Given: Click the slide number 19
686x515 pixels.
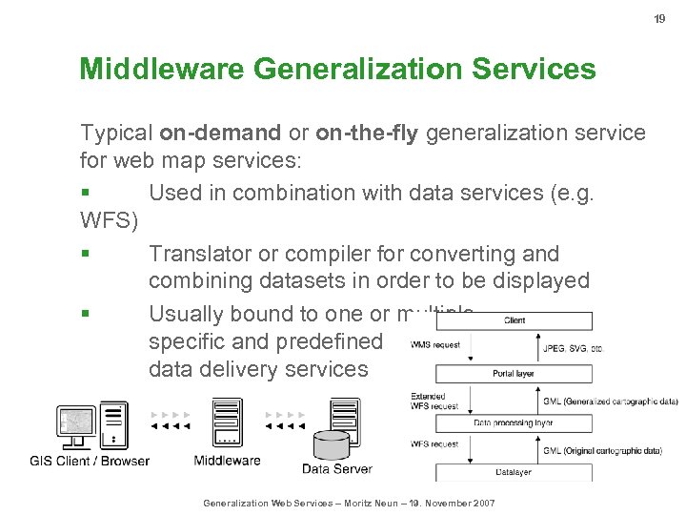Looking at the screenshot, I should pos(658,19).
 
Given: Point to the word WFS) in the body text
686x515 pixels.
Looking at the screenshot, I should pos(110,222).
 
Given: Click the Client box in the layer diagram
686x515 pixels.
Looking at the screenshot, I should pos(514,320).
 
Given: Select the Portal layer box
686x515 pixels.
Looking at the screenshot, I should pos(514,373).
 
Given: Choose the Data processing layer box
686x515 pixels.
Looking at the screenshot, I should pos(514,422).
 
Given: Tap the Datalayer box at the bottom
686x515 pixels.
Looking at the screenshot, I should pos(514,471).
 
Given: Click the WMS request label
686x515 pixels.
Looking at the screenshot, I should pos(434,344).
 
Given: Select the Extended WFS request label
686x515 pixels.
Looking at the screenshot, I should pos(434,401).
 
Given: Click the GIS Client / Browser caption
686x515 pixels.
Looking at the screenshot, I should pos(90,461).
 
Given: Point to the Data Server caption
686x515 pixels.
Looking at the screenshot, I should pos(337,468).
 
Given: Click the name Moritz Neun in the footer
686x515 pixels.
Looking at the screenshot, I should pos(373,503).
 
